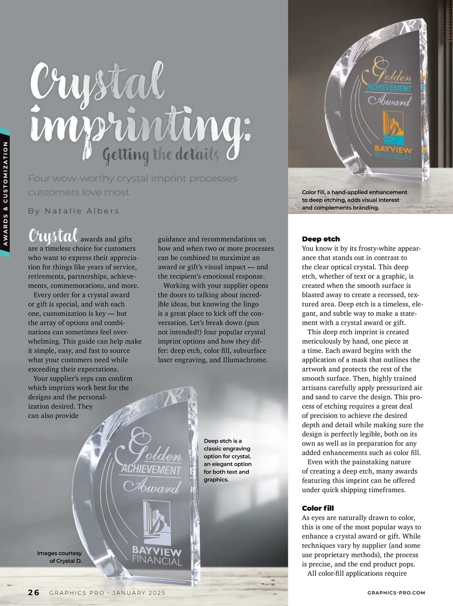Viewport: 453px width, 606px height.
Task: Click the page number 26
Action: pyautogui.click(x=34, y=592)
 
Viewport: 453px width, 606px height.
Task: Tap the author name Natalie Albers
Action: pyautogui.click(x=74, y=211)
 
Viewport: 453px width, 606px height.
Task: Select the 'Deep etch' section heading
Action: pyautogui.click(x=321, y=239)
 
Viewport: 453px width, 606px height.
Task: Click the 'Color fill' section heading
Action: pyautogui.click(x=318, y=508)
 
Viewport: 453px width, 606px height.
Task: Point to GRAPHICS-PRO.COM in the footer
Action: pyautogui.click(x=396, y=593)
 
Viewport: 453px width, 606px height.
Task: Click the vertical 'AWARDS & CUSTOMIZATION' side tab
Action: pyautogui.click(x=5, y=194)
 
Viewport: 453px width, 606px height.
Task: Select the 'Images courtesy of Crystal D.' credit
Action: pyautogui.click(x=60, y=557)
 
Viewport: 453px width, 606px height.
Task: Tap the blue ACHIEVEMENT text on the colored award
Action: pyautogui.click(x=389, y=89)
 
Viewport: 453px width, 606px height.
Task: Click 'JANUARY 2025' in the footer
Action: pyautogui.click(x=139, y=593)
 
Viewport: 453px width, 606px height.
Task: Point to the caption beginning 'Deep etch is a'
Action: pyautogui.click(x=227, y=460)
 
